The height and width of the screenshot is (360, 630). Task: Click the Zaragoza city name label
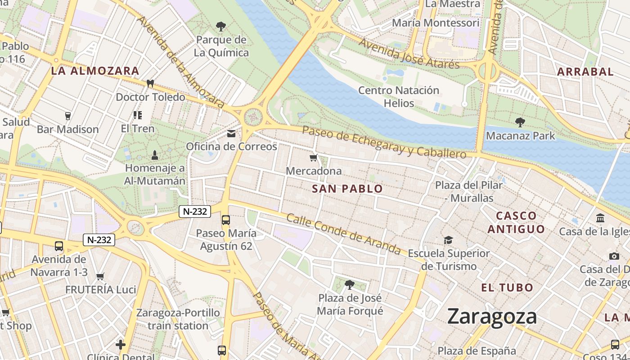[x=492, y=317]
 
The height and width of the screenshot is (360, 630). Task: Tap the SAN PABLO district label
[x=347, y=189]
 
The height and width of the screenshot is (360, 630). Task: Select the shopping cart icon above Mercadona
[x=314, y=157]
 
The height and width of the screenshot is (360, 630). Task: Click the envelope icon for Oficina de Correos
[x=231, y=134]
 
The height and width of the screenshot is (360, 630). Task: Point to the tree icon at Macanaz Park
[x=520, y=122]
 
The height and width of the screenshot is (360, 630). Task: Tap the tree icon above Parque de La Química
[x=220, y=27]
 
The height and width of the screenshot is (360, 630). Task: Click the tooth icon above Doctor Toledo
[x=150, y=84]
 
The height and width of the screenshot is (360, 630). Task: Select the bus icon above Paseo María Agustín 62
[x=226, y=220]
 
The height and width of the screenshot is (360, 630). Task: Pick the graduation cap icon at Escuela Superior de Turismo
[x=448, y=240]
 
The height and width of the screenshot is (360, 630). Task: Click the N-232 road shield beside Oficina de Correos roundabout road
[x=195, y=211]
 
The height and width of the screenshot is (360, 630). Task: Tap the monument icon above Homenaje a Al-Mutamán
[x=155, y=155]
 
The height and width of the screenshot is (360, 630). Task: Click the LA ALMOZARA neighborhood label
[x=95, y=71]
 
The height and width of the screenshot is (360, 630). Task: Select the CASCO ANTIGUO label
[x=516, y=222]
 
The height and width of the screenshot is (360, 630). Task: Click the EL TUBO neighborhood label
[x=507, y=288]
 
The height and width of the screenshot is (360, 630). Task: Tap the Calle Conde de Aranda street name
[x=343, y=234]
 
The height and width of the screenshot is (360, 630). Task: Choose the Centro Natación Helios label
[x=398, y=97]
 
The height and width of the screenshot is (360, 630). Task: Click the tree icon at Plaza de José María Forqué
[x=349, y=284]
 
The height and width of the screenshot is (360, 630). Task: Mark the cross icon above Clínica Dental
[x=121, y=345]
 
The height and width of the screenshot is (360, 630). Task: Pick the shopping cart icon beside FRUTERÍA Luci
[x=100, y=276]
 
